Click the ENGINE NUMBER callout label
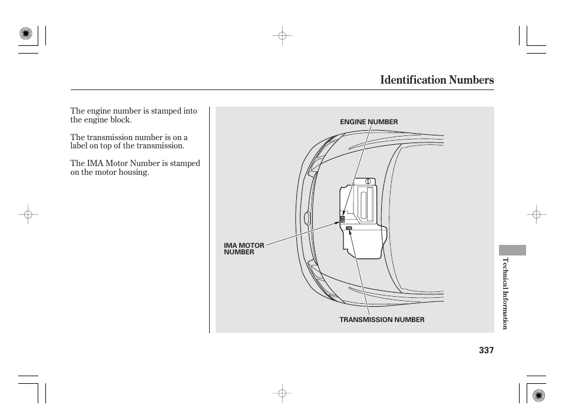[x=369, y=122]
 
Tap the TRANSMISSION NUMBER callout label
[x=382, y=320]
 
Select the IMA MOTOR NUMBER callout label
[x=244, y=248]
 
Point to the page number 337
[x=486, y=350]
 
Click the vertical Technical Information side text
[x=505, y=293]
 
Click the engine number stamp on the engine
[x=342, y=217]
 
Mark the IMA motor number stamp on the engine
[x=342, y=221]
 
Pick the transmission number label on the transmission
[x=349, y=228]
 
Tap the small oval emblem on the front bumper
[x=306, y=219]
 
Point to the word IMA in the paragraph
[x=95, y=164]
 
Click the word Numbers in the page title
[x=472, y=79]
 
